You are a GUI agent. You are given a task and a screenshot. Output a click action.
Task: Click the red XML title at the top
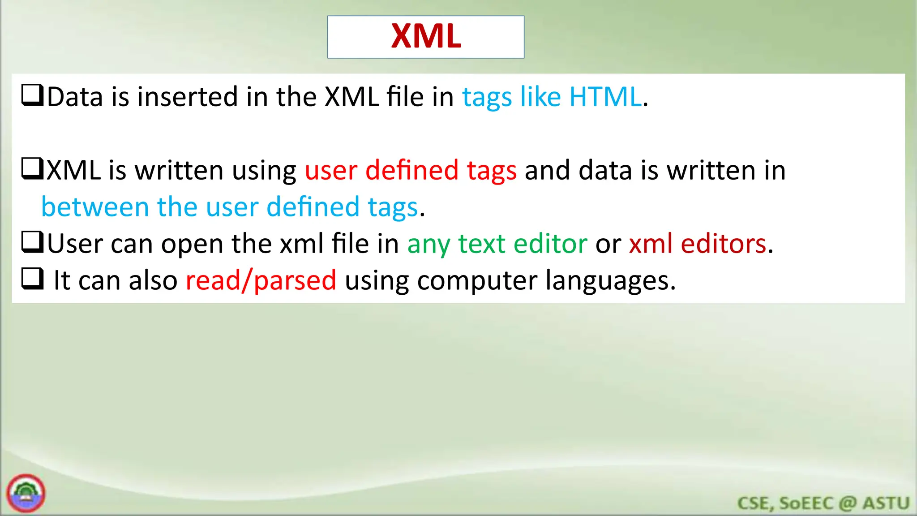pos(426,36)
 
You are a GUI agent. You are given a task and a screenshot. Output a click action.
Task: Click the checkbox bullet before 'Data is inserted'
pos(33,95)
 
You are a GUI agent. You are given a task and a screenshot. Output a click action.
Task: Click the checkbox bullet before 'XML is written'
pos(33,169)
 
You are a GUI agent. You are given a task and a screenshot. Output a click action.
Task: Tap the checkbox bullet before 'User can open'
pos(33,242)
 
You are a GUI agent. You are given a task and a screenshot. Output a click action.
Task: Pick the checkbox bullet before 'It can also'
pos(33,279)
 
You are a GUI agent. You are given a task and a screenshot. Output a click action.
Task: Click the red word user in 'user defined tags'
pos(331,171)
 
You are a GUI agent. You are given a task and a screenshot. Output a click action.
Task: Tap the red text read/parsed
pos(261,281)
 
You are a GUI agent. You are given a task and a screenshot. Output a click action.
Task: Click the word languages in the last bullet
pos(610,281)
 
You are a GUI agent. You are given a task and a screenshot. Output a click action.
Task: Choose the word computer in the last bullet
pos(476,281)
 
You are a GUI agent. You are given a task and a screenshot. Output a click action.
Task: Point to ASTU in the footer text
pos(886,503)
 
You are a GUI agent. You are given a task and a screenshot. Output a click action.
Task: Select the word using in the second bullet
pos(264,171)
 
